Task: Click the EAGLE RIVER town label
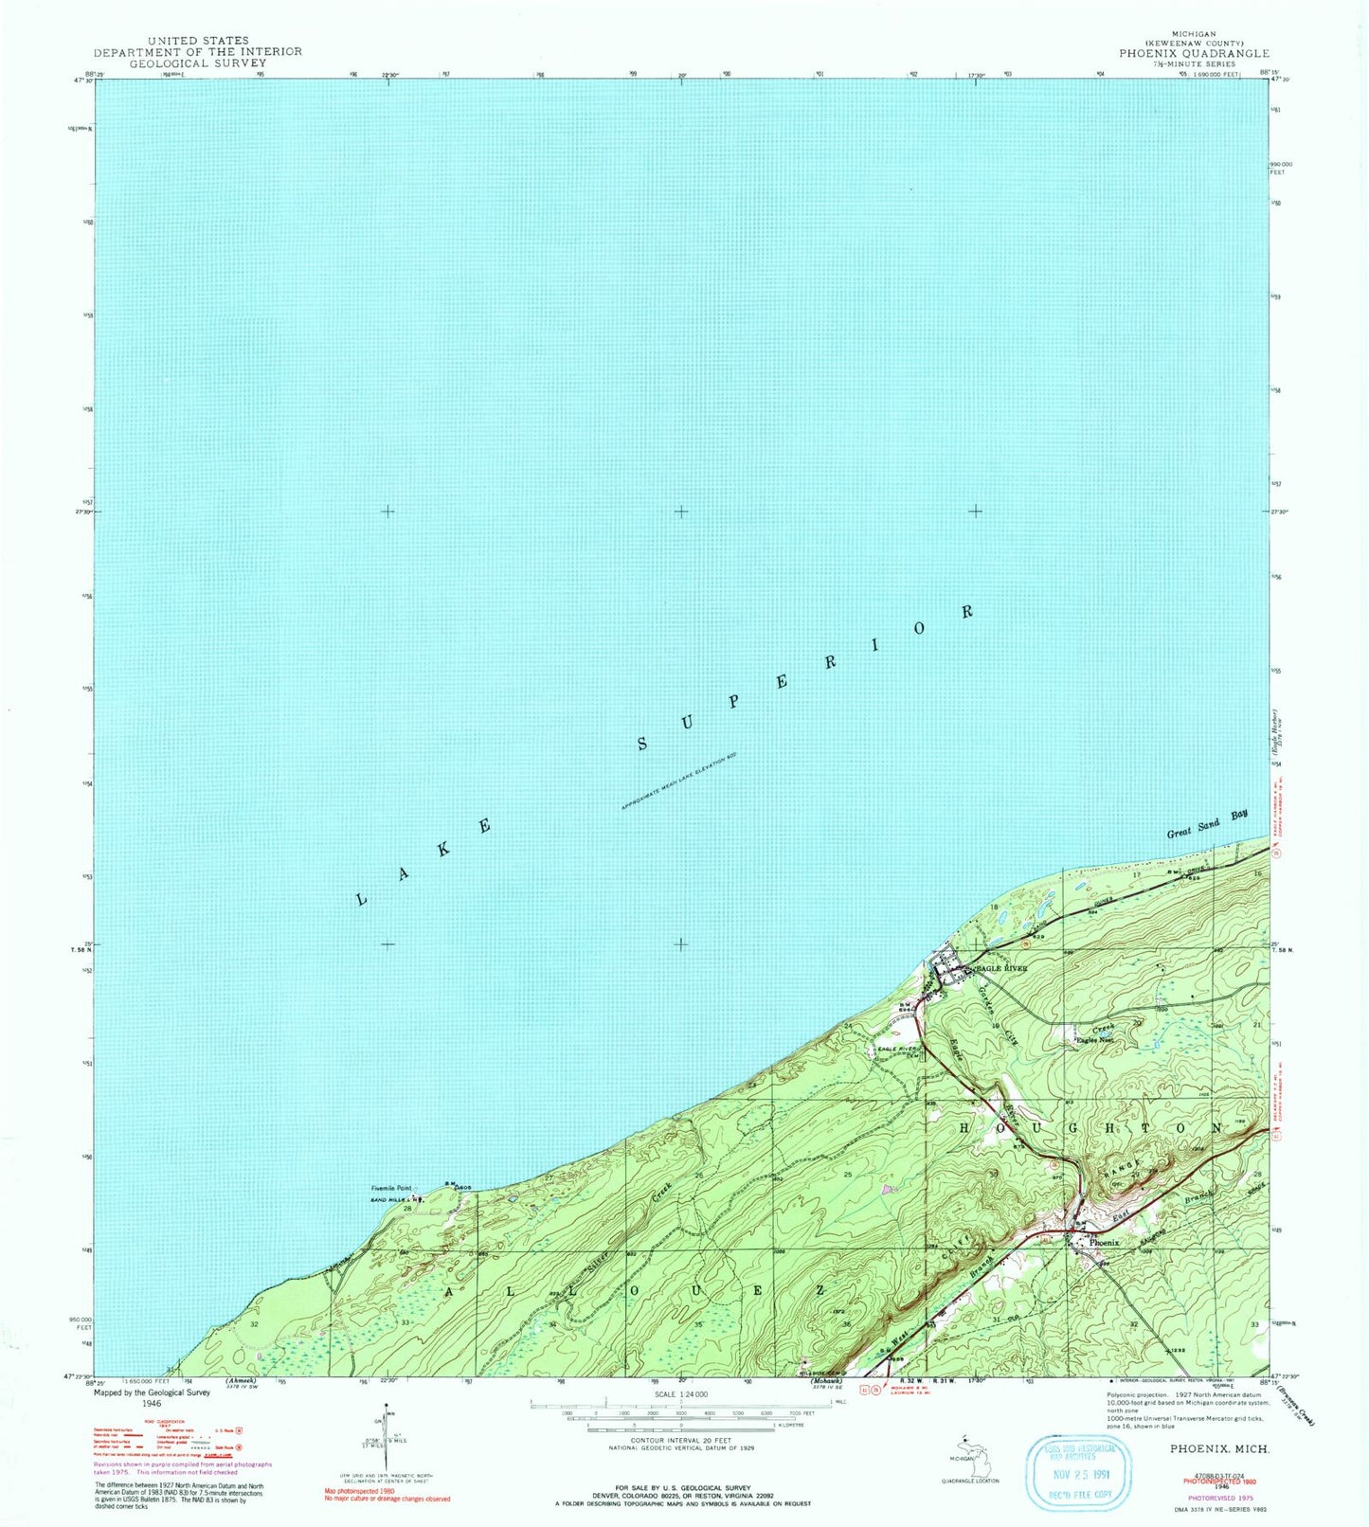point(1003,968)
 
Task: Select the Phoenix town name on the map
point(1104,1242)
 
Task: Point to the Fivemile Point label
point(390,1188)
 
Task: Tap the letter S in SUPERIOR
point(642,744)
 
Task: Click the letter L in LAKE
point(361,899)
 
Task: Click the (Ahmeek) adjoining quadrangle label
point(243,1381)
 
